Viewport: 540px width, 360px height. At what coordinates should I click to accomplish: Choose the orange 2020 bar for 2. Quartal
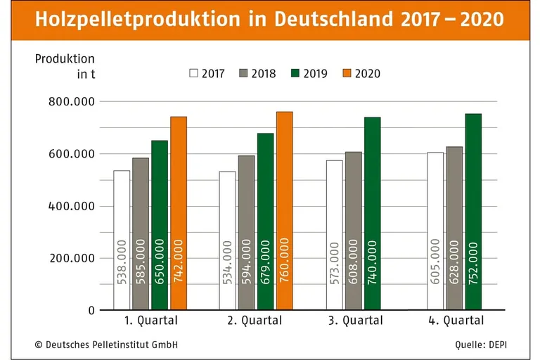(285, 210)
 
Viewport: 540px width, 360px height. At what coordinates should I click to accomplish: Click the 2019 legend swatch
(295, 73)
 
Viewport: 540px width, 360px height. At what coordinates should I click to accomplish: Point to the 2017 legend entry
(207, 73)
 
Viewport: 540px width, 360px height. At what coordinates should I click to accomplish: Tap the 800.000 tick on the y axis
(72, 102)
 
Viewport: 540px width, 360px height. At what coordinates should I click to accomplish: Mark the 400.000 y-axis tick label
(72, 206)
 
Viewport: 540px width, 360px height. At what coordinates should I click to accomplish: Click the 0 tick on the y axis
(91, 310)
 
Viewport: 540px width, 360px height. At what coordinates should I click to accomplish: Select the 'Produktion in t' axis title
(65, 66)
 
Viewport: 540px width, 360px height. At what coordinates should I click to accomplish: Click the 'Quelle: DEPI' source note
(485, 345)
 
